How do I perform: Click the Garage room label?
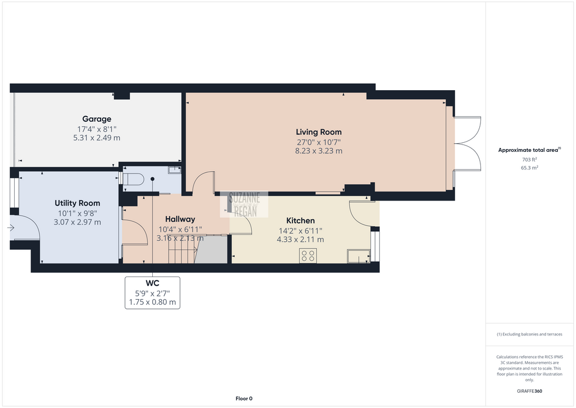pyautogui.click(x=97, y=119)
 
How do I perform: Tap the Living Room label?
pyautogui.click(x=319, y=132)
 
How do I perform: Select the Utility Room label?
pyautogui.click(x=77, y=203)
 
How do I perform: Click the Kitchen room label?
pyautogui.click(x=300, y=221)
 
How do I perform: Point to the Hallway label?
pyautogui.click(x=180, y=219)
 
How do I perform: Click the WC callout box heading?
pyautogui.click(x=152, y=283)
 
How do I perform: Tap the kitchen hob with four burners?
pyautogui.click(x=308, y=256)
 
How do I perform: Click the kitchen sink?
pyautogui.click(x=358, y=257)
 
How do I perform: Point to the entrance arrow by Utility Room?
pyautogui.click(x=11, y=228)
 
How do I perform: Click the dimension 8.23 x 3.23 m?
pyautogui.click(x=319, y=151)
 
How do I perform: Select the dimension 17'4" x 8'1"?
pyautogui.click(x=97, y=129)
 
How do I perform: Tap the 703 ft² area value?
pyautogui.click(x=530, y=160)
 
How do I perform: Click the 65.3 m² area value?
pyautogui.click(x=530, y=168)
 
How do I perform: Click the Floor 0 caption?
pyautogui.click(x=244, y=398)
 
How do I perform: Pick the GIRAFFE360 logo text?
pyautogui.click(x=530, y=391)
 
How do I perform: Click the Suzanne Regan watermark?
pyautogui.click(x=244, y=205)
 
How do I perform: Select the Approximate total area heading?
pyautogui.click(x=530, y=150)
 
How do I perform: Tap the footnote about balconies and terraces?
pyautogui.click(x=530, y=334)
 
